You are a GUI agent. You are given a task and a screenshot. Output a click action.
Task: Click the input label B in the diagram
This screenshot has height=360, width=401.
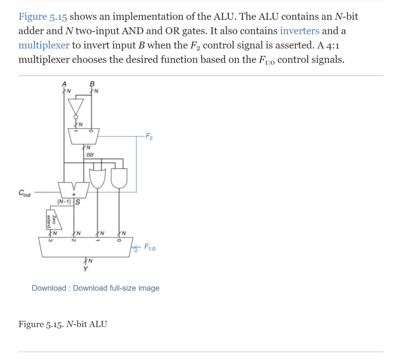tap(92, 84)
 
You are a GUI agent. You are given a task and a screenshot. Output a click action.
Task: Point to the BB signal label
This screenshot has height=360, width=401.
tap(90, 155)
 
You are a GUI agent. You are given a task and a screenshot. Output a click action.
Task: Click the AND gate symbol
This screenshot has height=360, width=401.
tap(119, 177)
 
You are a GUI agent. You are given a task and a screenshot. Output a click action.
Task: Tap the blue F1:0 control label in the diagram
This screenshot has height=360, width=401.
tap(150, 247)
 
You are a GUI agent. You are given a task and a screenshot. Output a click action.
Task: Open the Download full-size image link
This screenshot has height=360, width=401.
tap(116, 288)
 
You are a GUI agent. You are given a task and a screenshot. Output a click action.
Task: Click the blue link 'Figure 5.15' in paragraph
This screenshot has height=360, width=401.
tap(43, 17)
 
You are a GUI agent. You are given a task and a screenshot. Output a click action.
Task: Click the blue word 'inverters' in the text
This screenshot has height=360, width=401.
tap(300, 31)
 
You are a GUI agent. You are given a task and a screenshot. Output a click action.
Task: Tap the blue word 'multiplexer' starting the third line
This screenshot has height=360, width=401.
tap(44, 45)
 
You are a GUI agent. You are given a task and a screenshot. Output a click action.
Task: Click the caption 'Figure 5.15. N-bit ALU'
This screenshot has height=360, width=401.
tap(62, 324)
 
